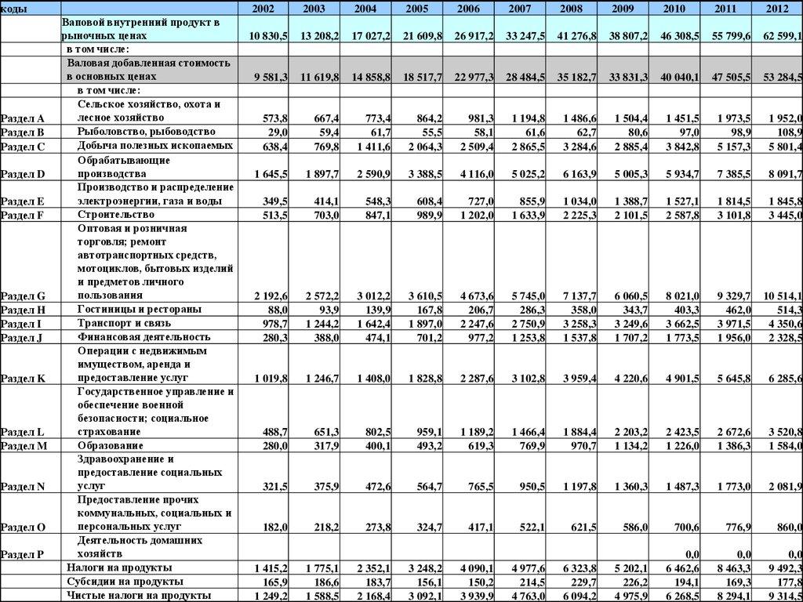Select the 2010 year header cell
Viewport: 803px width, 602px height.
(x=674, y=8)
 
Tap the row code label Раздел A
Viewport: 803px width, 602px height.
(x=23, y=118)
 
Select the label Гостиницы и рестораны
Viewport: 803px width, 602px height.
(x=140, y=309)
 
